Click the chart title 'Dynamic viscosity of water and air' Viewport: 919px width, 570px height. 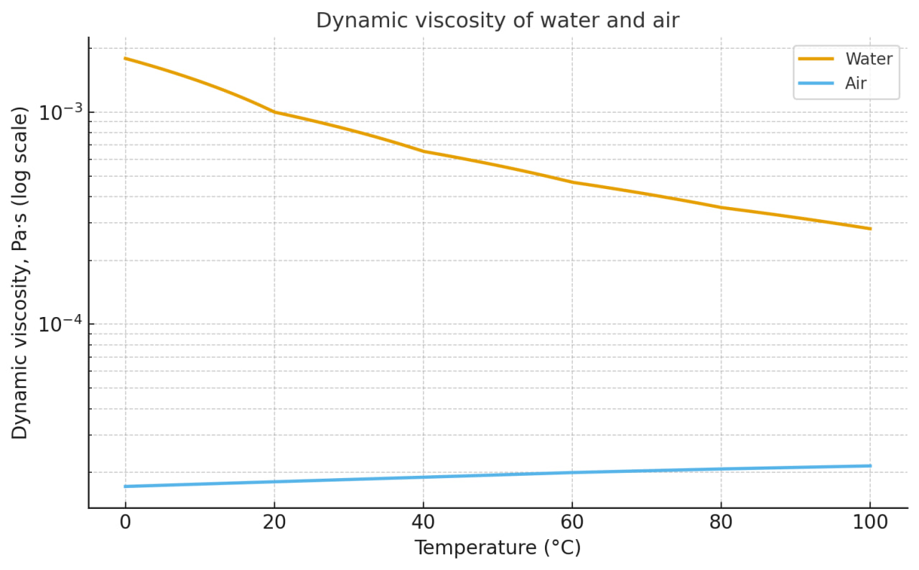click(497, 21)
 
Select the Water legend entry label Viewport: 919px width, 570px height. click(869, 59)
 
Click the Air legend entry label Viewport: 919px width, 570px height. click(856, 83)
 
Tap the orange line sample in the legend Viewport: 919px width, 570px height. click(816, 59)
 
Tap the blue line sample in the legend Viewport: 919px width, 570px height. click(816, 83)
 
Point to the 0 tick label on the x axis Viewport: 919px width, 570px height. click(125, 523)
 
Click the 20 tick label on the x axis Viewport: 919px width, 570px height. click(274, 523)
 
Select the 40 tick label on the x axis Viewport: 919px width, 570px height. click(423, 523)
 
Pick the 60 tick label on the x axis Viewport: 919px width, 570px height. click(572, 523)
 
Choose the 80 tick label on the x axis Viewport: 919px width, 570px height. click(721, 523)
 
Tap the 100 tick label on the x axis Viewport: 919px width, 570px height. click(870, 523)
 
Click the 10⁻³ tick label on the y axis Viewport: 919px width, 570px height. click(60, 112)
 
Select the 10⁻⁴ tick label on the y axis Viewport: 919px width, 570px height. click(60, 324)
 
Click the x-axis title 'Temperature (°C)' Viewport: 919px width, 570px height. click(497, 548)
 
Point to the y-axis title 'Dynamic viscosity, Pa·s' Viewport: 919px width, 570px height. click(20, 272)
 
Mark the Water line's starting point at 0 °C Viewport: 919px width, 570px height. click(125, 58)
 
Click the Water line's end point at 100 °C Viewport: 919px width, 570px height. click(870, 229)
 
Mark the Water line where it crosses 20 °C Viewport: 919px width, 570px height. click(274, 112)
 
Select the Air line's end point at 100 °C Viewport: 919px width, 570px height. click(870, 466)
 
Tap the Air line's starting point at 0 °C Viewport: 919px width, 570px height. click(125, 487)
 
